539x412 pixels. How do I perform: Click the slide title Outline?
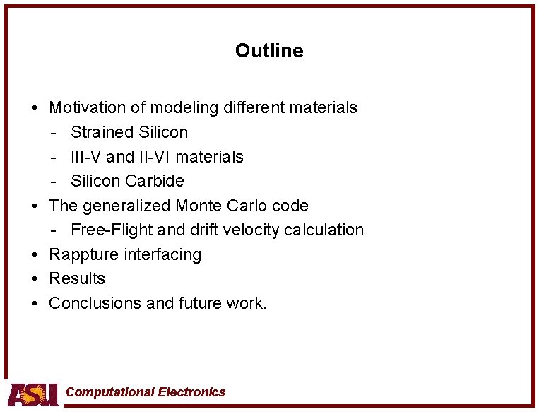pyautogui.click(x=269, y=51)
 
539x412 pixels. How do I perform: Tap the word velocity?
pyautogui.click(x=252, y=230)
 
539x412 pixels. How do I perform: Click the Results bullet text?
pyautogui.click(x=76, y=278)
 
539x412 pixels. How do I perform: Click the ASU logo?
pyautogui.click(x=33, y=394)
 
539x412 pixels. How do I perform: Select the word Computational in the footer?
pyautogui.click(x=109, y=392)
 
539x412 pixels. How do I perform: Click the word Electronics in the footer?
pyautogui.click(x=191, y=392)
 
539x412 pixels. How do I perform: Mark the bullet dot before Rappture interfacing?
pyautogui.click(x=34, y=254)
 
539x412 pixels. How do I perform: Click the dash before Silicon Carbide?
pyautogui.click(x=54, y=181)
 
